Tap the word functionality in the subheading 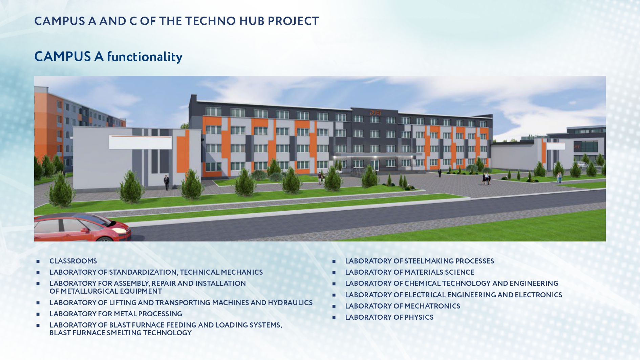coord(145,57)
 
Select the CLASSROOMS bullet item coord(73,261)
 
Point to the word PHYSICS coord(419,317)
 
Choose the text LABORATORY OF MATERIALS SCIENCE coord(409,272)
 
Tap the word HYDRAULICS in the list coord(290,303)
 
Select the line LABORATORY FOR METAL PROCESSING coord(116,314)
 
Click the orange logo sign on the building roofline coord(375,112)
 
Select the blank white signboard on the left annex coord(140,143)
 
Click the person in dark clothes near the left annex coord(166,182)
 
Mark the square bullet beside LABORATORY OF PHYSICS coord(334,318)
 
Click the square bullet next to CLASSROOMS coord(38,261)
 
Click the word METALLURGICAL coord(89,291)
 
